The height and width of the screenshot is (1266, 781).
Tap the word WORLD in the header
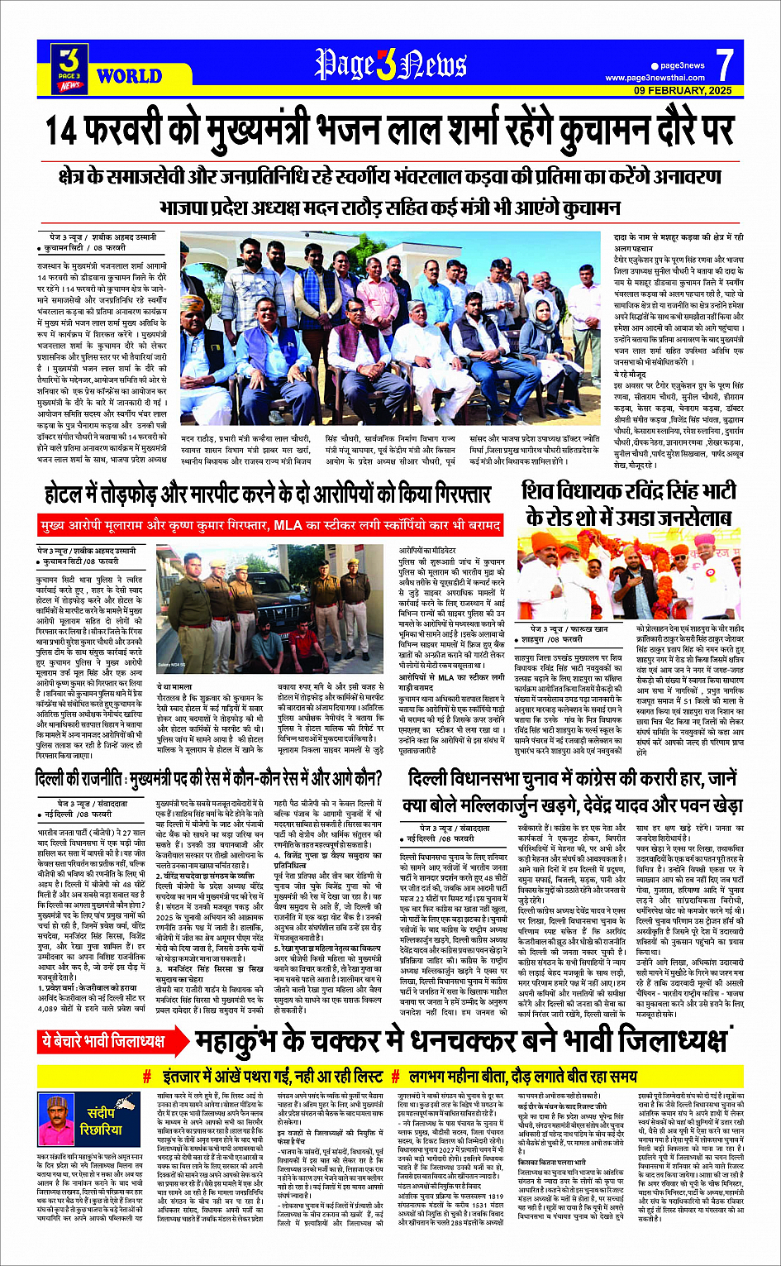tap(129, 77)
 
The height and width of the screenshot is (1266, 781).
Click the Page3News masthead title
tap(390, 64)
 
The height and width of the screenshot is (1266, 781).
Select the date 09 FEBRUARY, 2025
tap(683, 90)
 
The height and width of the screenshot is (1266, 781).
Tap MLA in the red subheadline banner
tap(288, 525)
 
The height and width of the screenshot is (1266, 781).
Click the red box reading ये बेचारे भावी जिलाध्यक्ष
tap(103, 1040)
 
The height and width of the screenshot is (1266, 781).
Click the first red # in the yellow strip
tap(147, 1077)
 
